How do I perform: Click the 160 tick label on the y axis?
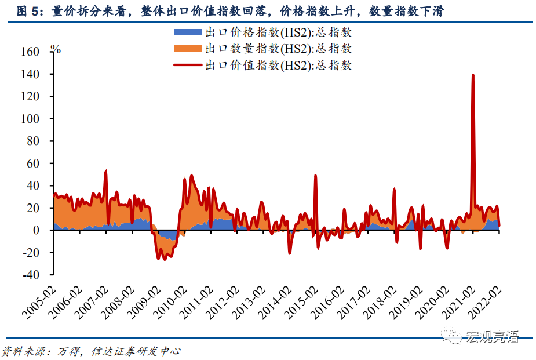(30, 52)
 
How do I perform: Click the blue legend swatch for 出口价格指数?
(189, 32)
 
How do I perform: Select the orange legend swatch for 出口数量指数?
(189, 49)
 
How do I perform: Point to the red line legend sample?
(189, 66)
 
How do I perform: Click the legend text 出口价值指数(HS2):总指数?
(278, 66)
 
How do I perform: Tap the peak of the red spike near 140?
(473, 75)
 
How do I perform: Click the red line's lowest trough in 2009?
(165, 259)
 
